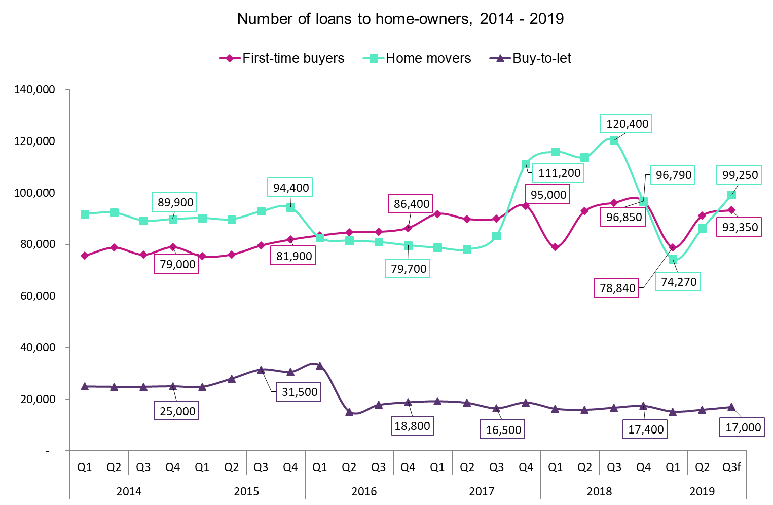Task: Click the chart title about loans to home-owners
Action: point(400,19)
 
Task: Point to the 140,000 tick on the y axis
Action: point(35,90)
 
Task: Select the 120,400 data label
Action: point(627,124)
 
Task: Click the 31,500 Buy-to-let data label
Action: point(299,392)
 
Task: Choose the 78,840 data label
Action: point(617,288)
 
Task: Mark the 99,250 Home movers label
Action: point(740,175)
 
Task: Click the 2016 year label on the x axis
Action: point(364,491)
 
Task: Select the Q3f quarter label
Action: point(731,467)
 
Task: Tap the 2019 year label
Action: point(702,491)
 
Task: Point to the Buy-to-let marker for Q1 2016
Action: point(319,365)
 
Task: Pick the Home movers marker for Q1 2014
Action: point(85,214)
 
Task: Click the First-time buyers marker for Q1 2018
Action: point(555,247)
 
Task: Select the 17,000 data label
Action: point(743,427)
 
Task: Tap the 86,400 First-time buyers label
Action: point(411,204)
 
